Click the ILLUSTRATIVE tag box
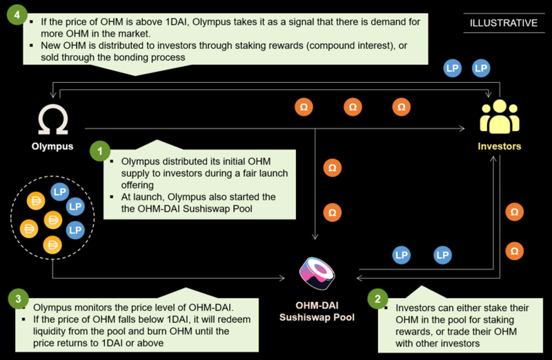coord(503,23)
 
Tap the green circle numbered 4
coord(15,15)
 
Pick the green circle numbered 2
coord(377,299)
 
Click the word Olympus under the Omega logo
coord(52,146)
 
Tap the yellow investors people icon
coord(499,119)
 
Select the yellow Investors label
coord(499,146)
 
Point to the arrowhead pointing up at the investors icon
coord(492,157)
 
